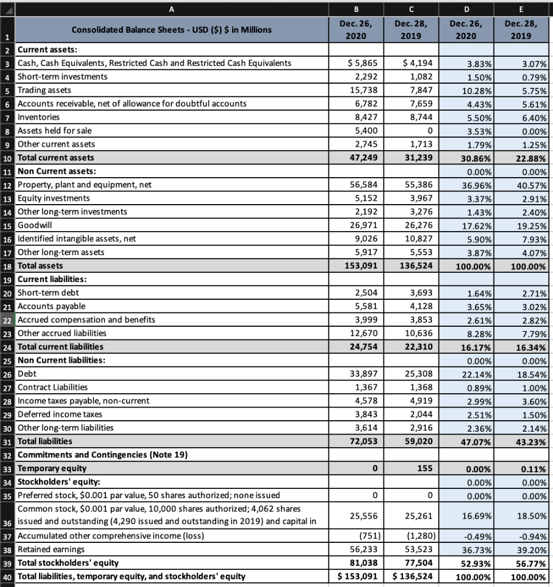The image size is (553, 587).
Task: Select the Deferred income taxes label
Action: tap(60, 414)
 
